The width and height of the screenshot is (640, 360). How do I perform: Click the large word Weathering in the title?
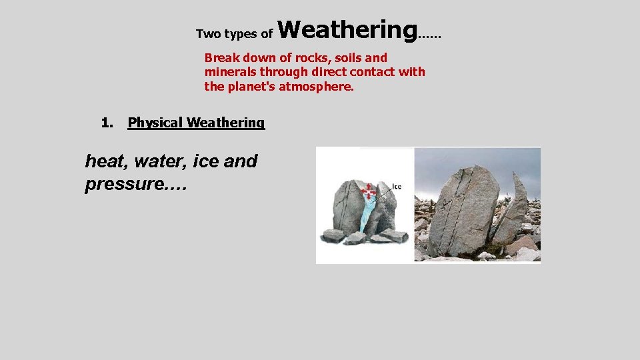click(x=347, y=30)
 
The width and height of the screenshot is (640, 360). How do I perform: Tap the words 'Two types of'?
click(x=234, y=34)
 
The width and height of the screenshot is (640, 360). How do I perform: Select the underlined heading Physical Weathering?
click(x=196, y=123)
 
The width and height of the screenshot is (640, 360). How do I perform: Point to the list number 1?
click(x=106, y=123)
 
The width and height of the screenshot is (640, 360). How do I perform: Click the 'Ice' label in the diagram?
click(x=396, y=187)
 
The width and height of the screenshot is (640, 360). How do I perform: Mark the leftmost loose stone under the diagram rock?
click(x=333, y=235)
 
